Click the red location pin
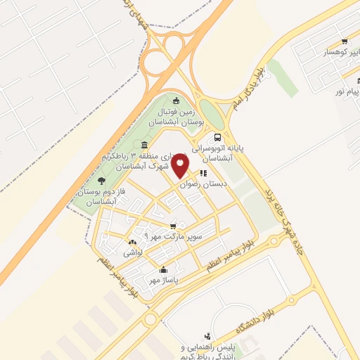pos(181,164)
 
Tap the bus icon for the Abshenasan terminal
pos(217,139)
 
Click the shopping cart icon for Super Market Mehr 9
pos(173,226)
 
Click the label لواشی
pos(133,252)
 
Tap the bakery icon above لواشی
pos(129,243)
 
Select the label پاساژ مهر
pos(164,280)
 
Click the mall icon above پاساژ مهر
pos(164,269)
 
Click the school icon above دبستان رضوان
pos(203,173)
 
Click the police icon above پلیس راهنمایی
pos(207,337)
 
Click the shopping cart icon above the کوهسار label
pos(343,41)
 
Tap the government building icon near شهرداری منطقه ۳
pos(144,145)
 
